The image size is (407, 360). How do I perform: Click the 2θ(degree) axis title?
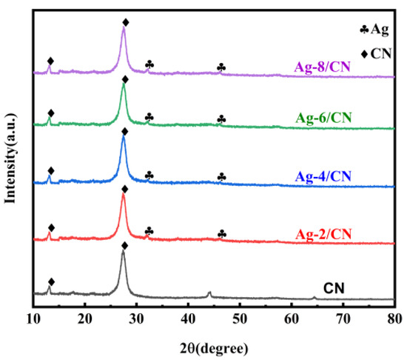click(x=214, y=346)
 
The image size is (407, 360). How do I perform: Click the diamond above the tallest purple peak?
click(x=125, y=22)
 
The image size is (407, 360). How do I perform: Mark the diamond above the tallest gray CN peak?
click(x=124, y=245)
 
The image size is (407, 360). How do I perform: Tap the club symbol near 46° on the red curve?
click(x=221, y=233)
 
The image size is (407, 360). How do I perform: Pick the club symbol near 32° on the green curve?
click(x=149, y=117)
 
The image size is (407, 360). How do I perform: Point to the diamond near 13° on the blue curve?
click(x=50, y=171)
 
